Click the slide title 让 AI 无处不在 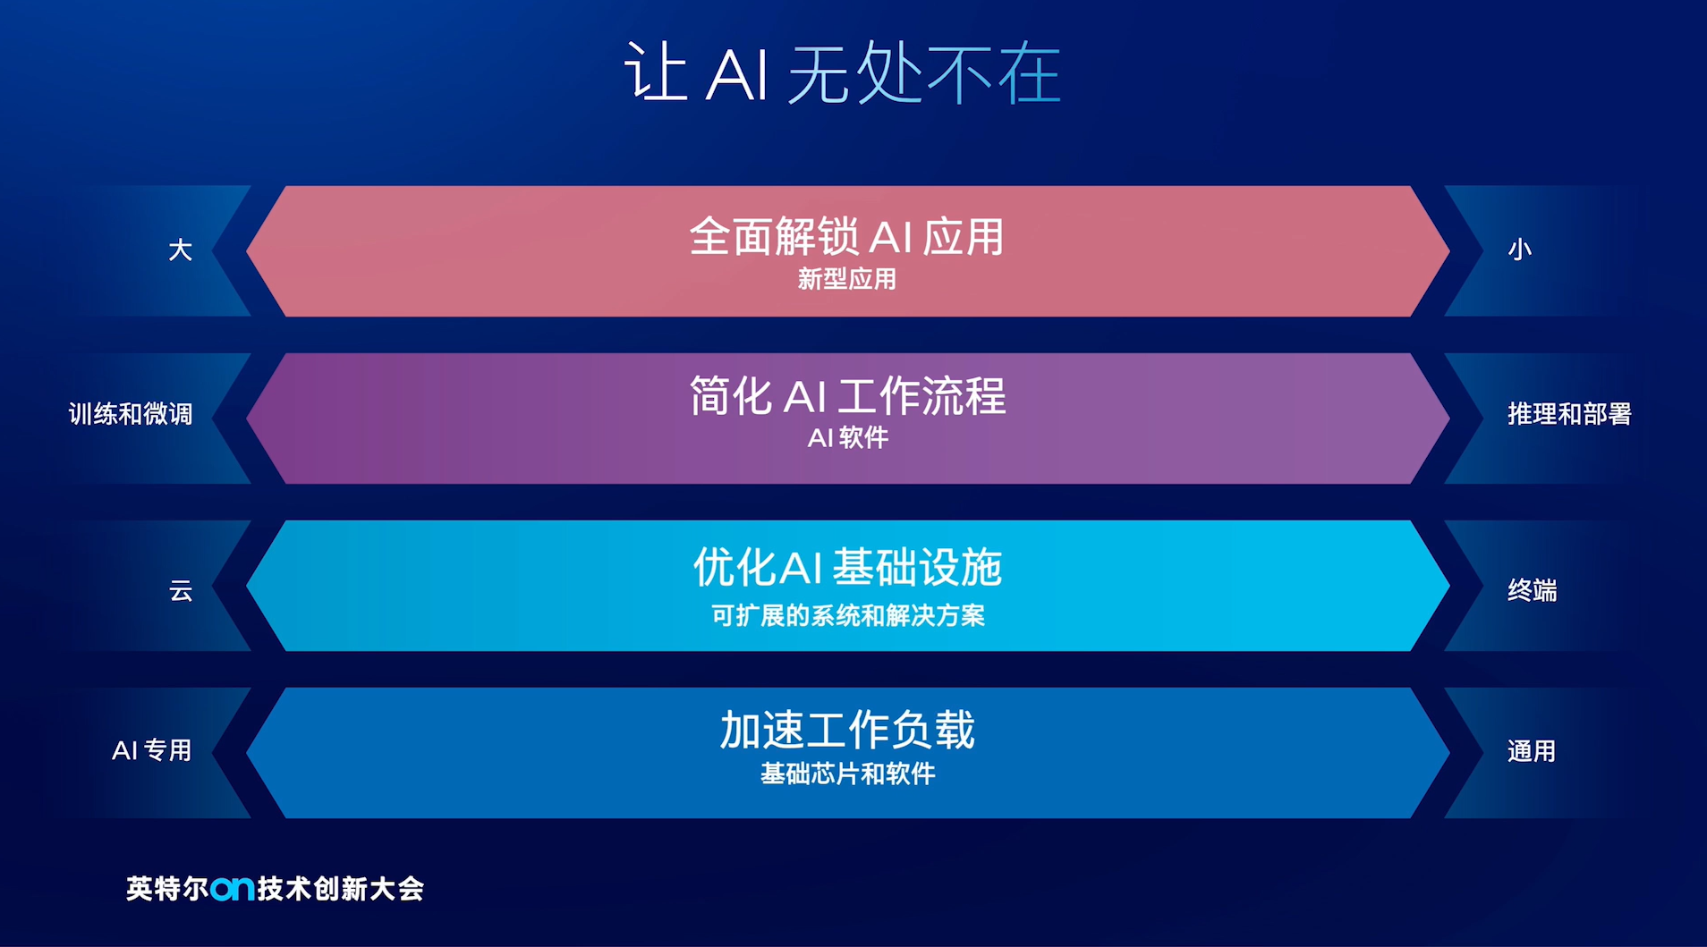[x=842, y=72]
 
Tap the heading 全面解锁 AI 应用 [x=846, y=237]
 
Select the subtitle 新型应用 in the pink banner [x=847, y=279]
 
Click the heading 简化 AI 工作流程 [x=847, y=395]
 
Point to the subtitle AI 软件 [x=847, y=437]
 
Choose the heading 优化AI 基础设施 [x=847, y=567]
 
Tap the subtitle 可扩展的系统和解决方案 [x=847, y=615]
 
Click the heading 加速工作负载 [x=847, y=730]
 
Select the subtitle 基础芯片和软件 [x=847, y=774]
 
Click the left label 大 [x=180, y=249]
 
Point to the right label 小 [x=1519, y=249]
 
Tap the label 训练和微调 [x=131, y=414]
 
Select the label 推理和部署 [x=1569, y=414]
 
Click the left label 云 [x=181, y=590]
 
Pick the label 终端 [x=1532, y=590]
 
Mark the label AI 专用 [x=152, y=750]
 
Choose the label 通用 [x=1532, y=751]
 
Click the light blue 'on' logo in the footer [x=233, y=889]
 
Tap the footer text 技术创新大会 [x=340, y=889]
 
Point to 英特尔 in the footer [x=167, y=889]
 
